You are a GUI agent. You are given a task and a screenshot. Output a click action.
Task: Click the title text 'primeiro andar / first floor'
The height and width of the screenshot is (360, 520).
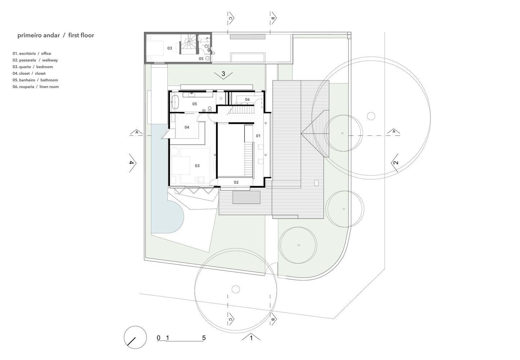coord(56,36)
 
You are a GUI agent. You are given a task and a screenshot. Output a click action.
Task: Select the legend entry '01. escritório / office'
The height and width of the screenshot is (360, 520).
coord(32,54)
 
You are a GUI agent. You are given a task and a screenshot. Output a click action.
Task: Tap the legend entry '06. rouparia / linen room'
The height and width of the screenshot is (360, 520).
coord(36,87)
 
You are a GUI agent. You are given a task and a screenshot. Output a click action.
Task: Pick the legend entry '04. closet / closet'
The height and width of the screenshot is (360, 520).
coord(29,73)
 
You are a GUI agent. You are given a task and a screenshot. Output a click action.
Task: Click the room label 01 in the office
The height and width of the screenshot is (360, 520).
coord(258,136)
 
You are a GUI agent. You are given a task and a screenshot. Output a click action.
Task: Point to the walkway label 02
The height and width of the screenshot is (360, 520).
coord(236,183)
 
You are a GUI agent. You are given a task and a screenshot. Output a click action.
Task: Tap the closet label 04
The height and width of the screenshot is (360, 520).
coord(187,127)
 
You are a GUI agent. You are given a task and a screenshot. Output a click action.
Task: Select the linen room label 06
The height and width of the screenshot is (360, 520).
coord(247,100)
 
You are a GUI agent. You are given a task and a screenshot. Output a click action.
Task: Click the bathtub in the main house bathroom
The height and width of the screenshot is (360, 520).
coord(175,102)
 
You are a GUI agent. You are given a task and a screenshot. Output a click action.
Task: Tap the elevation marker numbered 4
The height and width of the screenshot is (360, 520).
coord(132,163)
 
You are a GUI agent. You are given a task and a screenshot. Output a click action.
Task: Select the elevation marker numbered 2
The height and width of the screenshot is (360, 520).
coord(395,163)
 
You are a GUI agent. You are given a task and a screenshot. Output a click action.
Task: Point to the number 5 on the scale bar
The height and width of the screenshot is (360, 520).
coord(204,338)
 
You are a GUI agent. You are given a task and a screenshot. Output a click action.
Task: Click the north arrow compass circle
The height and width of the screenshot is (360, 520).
coord(135,337)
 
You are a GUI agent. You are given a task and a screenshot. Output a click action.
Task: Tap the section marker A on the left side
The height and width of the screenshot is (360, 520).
coord(136,132)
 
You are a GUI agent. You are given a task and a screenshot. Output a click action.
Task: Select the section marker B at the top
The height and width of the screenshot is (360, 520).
coord(273,18)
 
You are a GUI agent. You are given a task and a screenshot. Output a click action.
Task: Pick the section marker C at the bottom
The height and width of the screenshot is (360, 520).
coord(231,319)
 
